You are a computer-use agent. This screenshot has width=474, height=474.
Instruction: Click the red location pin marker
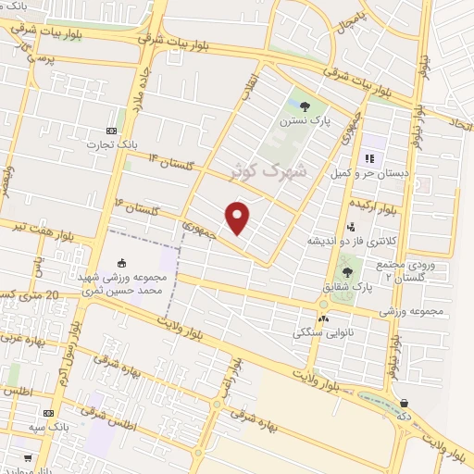click(238, 218)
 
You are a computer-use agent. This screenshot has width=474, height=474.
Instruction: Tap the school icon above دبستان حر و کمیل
click(369, 157)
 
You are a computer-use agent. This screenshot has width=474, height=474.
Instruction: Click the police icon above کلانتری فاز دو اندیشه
click(350, 226)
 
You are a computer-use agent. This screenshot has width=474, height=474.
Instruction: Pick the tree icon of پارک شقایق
click(347, 272)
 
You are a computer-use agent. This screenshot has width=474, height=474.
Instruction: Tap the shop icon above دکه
click(404, 403)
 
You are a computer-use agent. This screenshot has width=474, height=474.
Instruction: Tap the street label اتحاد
click(460, 121)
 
